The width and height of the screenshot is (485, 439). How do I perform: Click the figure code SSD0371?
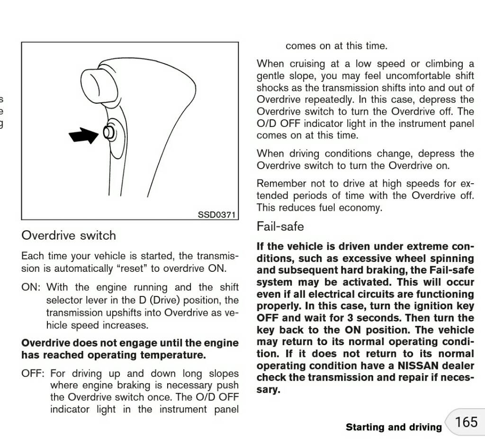click(x=216, y=215)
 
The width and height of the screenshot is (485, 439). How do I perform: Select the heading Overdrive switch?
click(x=69, y=235)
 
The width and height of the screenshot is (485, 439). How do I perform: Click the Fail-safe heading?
click(x=280, y=226)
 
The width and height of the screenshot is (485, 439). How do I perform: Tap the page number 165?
click(x=467, y=422)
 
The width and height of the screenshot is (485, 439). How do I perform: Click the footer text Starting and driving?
click(x=394, y=427)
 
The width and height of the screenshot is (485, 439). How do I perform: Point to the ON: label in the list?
click(x=31, y=287)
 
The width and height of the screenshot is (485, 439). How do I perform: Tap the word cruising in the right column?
click(x=305, y=63)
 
